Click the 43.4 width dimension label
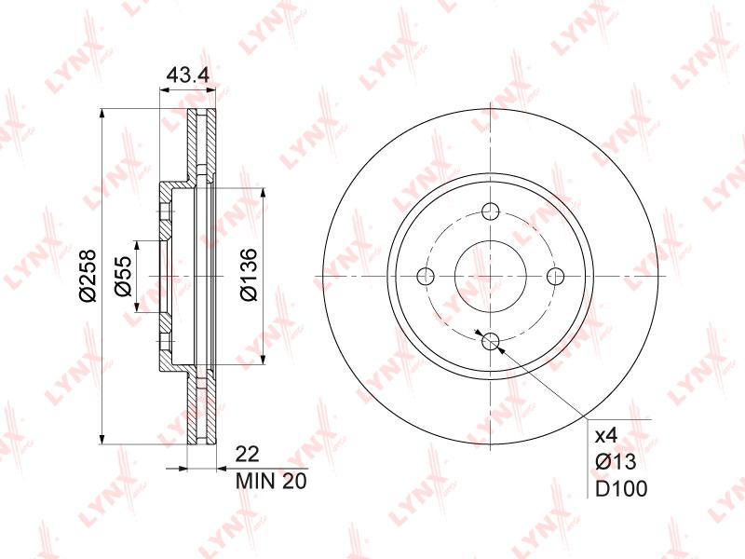pos(188,75)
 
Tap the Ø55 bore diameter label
pos(123,276)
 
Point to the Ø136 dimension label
pos(248,275)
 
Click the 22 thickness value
pos(248,455)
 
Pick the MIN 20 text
pos(271,481)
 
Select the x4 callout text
pos(606,435)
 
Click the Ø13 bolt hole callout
pos(616,461)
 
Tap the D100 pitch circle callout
pos(621,488)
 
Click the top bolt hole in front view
pos(491,211)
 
